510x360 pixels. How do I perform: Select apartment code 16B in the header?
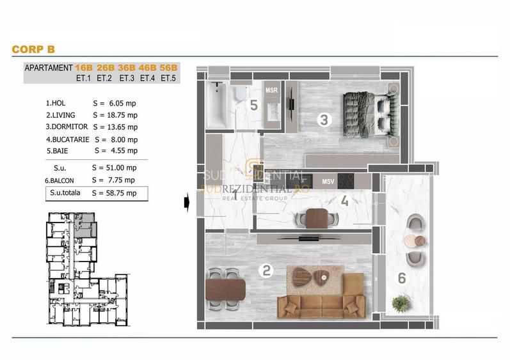tap(83, 68)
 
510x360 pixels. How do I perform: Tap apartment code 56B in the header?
tap(169, 68)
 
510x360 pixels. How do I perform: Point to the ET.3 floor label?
tap(126, 79)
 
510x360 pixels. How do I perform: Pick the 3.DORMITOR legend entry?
tap(66, 127)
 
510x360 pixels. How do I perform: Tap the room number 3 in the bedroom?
tap(324, 119)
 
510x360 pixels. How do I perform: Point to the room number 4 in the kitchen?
tap(344, 201)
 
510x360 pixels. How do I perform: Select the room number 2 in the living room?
tap(267, 270)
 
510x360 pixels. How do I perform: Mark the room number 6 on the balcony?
tap(401, 278)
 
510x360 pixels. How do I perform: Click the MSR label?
tap(271, 90)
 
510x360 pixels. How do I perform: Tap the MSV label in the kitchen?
tap(328, 182)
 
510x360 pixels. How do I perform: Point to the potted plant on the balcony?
tap(401, 303)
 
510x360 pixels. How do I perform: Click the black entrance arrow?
tap(186, 202)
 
